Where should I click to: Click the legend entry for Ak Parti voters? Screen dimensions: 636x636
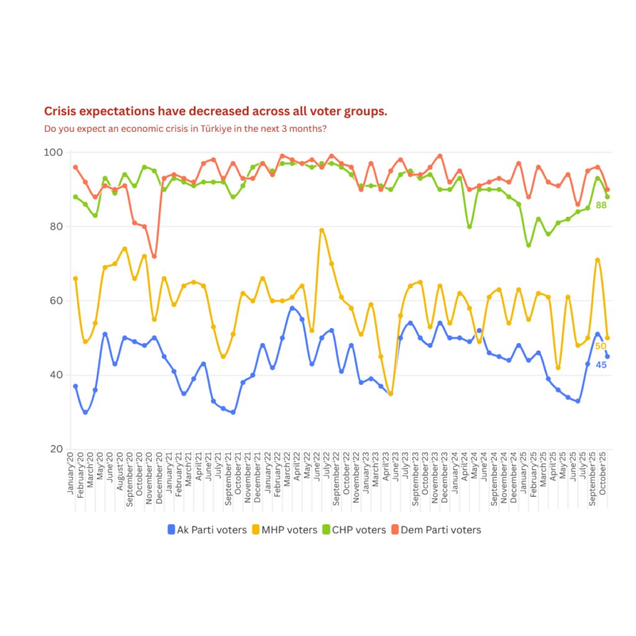[207, 530]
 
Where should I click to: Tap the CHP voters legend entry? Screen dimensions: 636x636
[353, 530]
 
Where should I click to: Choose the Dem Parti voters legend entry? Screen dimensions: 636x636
[435, 530]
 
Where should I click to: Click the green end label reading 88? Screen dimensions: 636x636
[601, 205]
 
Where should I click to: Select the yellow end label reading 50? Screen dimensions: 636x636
[600, 346]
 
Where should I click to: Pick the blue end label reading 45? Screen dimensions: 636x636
[601, 365]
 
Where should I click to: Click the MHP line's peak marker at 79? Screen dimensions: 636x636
[322, 230]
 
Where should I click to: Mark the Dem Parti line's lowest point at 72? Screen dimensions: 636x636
[154, 256]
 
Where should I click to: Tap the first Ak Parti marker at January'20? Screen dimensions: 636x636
[75, 386]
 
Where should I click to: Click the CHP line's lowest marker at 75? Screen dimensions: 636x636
[529, 245]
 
